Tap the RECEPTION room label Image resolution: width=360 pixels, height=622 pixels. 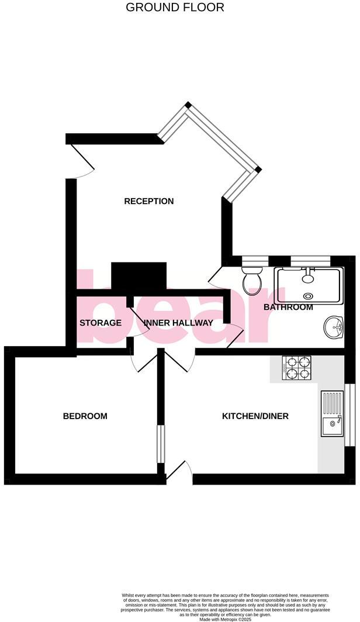point(149,201)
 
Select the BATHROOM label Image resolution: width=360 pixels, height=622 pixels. point(288,307)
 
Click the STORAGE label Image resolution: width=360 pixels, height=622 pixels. point(101,323)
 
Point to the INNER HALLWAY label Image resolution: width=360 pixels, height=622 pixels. point(178,323)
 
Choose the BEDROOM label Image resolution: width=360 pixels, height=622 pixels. point(85,416)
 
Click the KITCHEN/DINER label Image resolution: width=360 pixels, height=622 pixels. point(255,416)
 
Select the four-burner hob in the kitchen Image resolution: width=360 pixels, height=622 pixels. point(297,369)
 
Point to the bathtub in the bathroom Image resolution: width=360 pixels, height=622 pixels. point(308,285)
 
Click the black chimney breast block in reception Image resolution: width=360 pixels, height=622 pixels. point(139,276)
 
